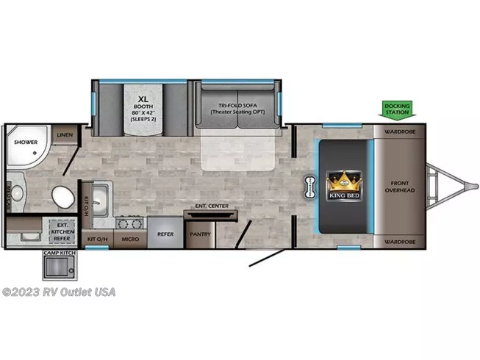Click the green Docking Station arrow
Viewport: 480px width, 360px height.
(x=397, y=109)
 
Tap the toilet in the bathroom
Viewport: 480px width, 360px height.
(x=63, y=196)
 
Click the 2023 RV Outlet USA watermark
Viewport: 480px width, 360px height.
(x=58, y=291)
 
